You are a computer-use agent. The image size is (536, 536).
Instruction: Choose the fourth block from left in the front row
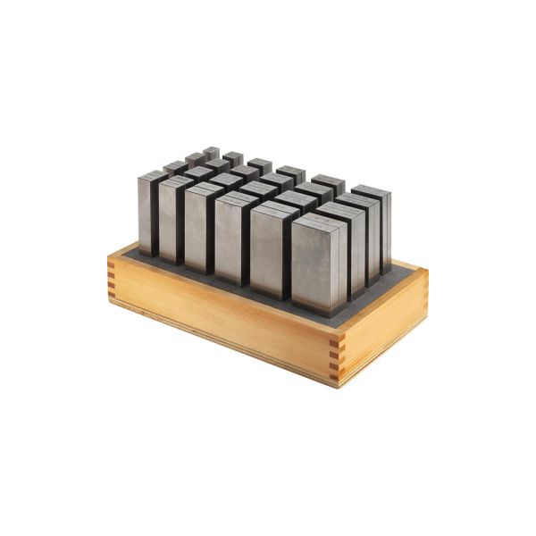pos(233,240)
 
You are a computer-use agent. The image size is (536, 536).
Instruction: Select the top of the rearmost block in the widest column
pos(371,189)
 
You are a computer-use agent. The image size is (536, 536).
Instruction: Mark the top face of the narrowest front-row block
pos(153,174)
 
